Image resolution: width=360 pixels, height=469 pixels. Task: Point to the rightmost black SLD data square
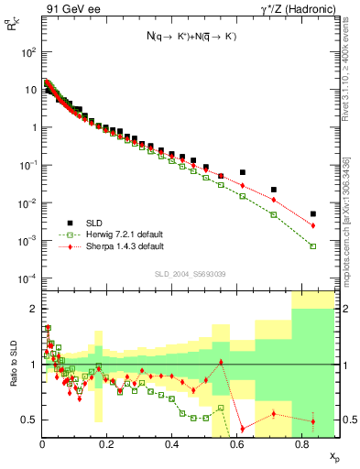[x=313, y=214]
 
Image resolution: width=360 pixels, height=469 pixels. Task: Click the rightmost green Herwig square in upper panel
[x=313, y=246]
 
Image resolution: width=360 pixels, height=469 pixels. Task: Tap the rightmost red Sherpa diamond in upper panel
[x=313, y=225]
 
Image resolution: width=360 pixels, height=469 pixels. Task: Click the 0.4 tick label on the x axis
[x=171, y=443]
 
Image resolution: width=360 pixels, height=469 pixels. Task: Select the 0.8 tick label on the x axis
[x=300, y=443]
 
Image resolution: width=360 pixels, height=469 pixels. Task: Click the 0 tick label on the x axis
[x=42, y=443]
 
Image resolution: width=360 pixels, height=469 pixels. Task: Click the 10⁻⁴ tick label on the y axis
[x=28, y=278]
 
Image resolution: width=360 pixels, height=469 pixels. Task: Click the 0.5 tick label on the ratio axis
[x=29, y=420]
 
